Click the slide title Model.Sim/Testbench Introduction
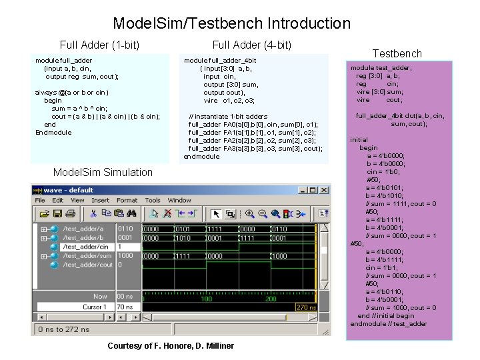(231, 23)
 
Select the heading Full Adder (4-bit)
(251, 45)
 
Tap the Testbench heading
(397, 53)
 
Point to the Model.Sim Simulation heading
(103, 172)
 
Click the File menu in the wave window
(40, 200)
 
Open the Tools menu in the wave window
(153, 200)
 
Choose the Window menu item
(179, 200)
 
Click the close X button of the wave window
(323, 189)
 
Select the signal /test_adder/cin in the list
(85, 247)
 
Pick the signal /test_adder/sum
(87, 255)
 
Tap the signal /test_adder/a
(83, 229)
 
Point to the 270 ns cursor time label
(306, 307)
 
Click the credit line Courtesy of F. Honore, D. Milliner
(171, 345)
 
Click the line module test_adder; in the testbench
(381, 68)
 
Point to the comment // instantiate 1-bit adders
(228, 117)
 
